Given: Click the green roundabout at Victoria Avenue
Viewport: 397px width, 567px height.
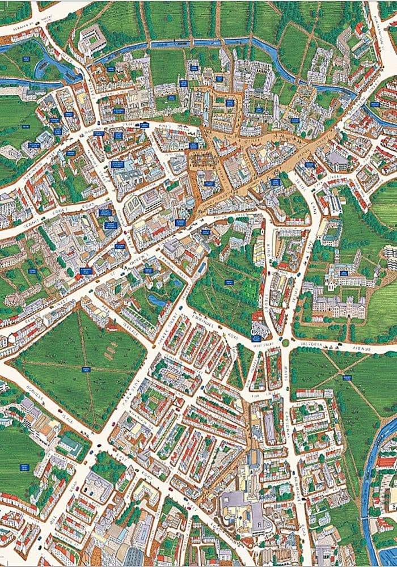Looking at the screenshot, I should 285,342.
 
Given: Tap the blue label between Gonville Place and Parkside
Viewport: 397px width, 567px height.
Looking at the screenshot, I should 86,369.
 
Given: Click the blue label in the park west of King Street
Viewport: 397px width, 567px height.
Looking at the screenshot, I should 229,281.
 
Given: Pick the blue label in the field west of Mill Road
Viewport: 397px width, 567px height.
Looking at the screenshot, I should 24,467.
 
